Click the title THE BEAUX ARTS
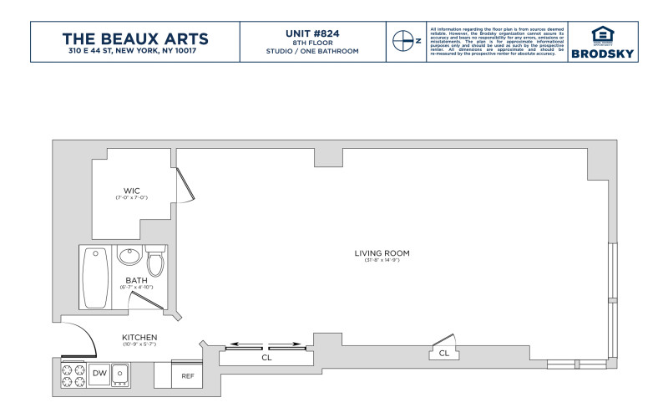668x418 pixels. [x=136, y=38]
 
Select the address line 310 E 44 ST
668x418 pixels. [x=136, y=52]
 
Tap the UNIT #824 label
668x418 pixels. [x=311, y=33]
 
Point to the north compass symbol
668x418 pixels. [x=405, y=40]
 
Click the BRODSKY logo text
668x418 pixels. [x=602, y=54]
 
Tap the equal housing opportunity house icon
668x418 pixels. [x=602, y=35]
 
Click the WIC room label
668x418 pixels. [x=131, y=190]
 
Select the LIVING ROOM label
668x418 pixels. [x=382, y=252]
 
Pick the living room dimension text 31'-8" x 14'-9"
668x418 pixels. [x=382, y=261]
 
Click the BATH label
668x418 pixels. [x=136, y=280]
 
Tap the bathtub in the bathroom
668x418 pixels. [x=94, y=278]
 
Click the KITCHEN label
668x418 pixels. [x=139, y=337]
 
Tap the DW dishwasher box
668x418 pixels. [x=99, y=372]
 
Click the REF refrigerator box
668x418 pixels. [x=188, y=375]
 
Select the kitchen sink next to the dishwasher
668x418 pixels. [x=121, y=373]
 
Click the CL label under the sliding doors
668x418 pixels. [x=266, y=357]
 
